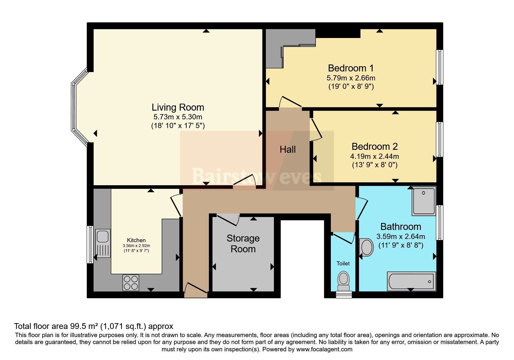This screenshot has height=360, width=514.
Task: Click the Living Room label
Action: point(178,107)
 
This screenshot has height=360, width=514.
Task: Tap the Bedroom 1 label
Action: point(351,68)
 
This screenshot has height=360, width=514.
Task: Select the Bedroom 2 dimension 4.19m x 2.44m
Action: point(374,156)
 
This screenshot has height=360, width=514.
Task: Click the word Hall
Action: point(288,150)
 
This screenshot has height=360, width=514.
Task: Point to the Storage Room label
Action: point(243,244)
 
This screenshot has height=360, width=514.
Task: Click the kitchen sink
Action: point(102,243)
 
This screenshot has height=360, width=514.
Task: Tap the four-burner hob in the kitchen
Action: point(131,282)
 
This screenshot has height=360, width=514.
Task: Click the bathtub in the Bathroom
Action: point(412,281)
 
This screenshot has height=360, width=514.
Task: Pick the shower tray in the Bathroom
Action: point(424,201)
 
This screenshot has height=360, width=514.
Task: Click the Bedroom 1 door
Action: point(290,102)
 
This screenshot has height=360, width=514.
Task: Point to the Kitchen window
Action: point(90,244)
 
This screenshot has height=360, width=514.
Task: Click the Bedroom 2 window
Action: point(440,139)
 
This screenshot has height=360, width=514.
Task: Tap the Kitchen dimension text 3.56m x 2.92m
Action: point(136,246)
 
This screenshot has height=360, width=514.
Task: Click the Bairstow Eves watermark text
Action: point(257,176)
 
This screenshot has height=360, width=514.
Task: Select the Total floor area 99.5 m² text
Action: point(57,326)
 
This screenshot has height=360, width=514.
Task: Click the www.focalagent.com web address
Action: point(324,349)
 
